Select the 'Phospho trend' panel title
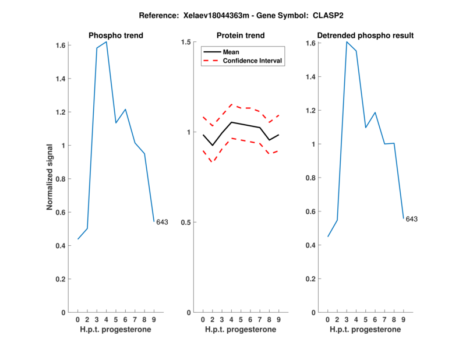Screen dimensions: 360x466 pyautogui.click(x=115, y=36)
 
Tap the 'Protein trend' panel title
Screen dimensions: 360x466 pyautogui.click(x=241, y=36)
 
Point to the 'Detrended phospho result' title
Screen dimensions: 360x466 pyautogui.click(x=365, y=36)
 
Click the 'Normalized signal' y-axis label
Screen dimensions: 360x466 pyautogui.click(x=51, y=177)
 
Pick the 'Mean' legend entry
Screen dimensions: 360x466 pyautogui.click(x=231, y=52)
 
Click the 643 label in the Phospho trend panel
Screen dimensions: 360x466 pyautogui.click(x=162, y=222)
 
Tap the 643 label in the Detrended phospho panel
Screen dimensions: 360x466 pyautogui.click(x=412, y=219)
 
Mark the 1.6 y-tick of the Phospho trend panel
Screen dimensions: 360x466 pyautogui.click(x=60, y=45)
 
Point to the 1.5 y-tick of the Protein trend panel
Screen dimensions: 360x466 pyautogui.click(x=186, y=42)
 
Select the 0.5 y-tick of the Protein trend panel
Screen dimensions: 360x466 pyautogui.click(x=186, y=223)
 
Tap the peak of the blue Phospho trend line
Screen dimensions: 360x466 pyautogui.click(x=106, y=42)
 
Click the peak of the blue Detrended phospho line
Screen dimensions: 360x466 pyautogui.click(x=347, y=42)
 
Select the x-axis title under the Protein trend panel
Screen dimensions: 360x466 pyautogui.click(x=241, y=330)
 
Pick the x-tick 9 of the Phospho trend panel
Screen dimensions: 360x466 pyautogui.click(x=154, y=319)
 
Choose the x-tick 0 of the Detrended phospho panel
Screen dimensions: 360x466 pyautogui.click(x=328, y=319)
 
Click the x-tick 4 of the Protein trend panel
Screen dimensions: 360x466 pyautogui.click(x=231, y=319)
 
